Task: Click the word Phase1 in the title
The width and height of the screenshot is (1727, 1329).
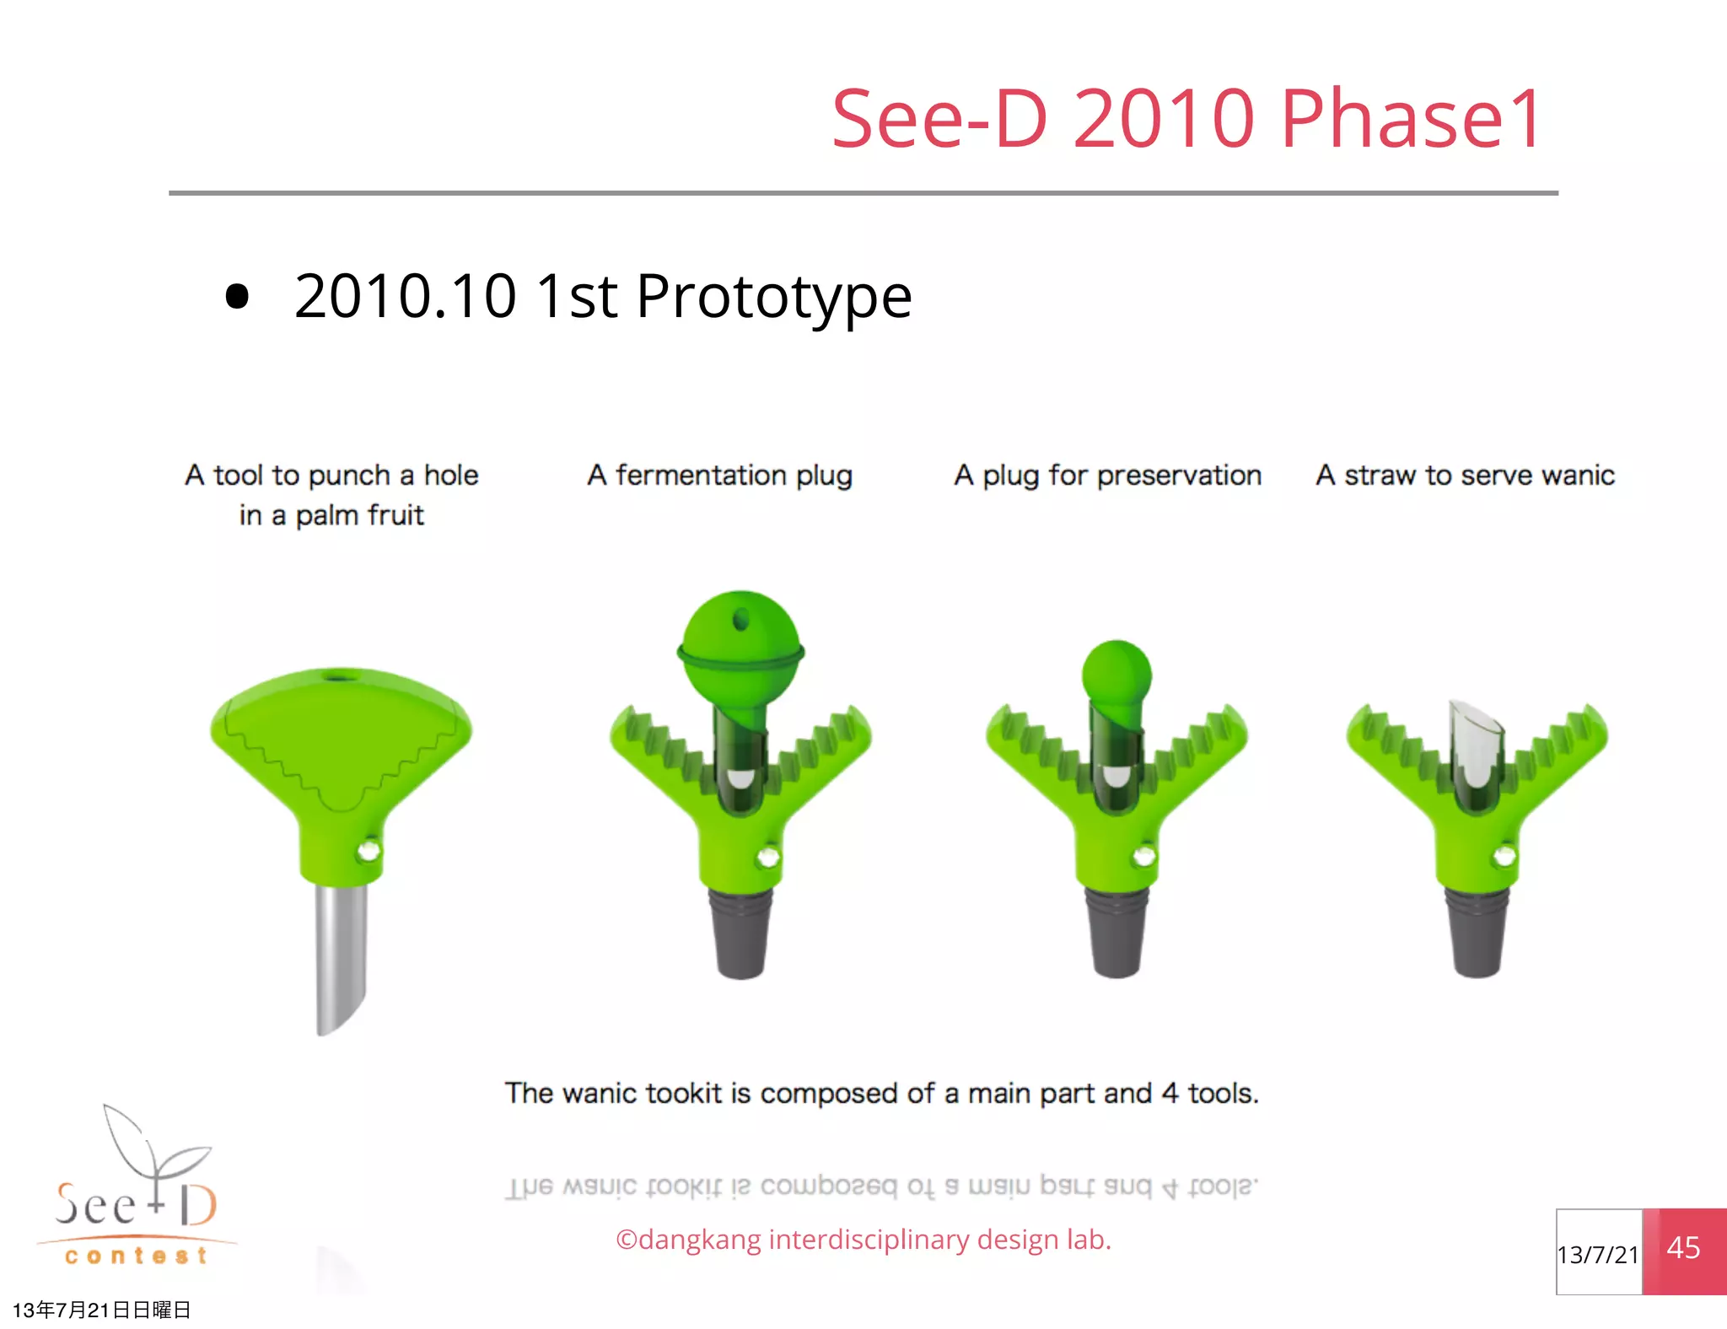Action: point(1411,120)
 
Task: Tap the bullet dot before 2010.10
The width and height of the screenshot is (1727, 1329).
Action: point(238,297)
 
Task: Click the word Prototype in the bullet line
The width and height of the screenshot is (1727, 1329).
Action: point(773,297)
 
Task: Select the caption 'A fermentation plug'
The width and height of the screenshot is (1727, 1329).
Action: point(719,476)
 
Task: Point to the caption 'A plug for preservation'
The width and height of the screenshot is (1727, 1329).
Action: point(1107,476)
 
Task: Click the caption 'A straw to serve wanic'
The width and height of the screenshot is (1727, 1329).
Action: point(1465,476)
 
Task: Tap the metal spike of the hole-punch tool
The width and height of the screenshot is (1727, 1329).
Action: point(341,953)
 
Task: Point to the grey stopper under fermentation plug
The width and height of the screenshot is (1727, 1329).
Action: point(740,932)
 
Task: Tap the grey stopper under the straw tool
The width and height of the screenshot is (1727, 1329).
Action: point(1477,932)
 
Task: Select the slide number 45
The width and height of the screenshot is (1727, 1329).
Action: point(1683,1249)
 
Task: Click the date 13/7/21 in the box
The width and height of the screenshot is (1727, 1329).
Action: point(1597,1255)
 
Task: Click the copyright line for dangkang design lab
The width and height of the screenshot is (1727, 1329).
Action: point(863,1240)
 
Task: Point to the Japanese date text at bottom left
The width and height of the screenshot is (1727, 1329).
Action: point(101,1310)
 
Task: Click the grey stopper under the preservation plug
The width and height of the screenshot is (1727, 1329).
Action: point(1116,932)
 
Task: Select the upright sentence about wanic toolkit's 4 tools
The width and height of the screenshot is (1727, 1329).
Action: point(881,1094)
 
